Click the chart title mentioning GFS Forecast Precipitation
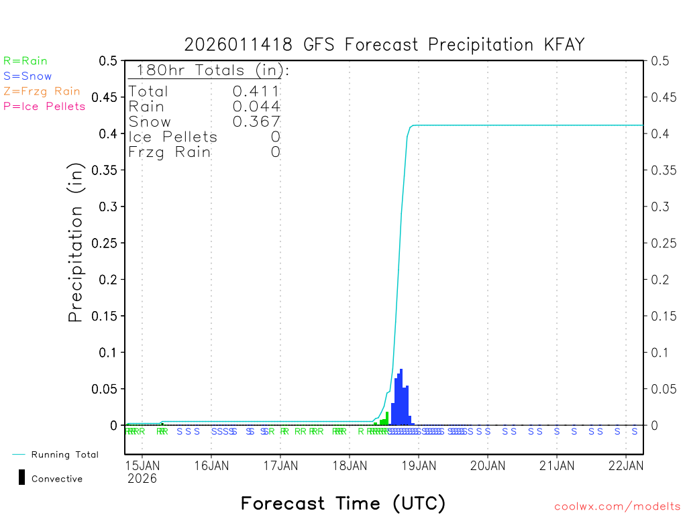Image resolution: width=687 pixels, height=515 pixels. [x=384, y=45]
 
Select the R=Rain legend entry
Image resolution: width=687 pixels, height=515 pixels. [x=25, y=61]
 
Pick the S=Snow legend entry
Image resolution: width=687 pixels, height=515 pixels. [x=28, y=76]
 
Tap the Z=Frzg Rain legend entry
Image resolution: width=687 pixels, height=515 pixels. [x=42, y=91]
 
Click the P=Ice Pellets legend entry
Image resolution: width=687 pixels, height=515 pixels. [x=44, y=106]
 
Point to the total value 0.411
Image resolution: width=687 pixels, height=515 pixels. [x=256, y=91]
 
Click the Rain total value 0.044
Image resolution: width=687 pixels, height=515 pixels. [x=256, y=107]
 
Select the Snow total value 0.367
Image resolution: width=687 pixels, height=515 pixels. [x=256, y=121]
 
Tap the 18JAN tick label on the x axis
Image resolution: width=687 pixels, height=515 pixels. [x=349, y=465]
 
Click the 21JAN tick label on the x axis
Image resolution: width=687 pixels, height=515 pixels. [x=556, y=465]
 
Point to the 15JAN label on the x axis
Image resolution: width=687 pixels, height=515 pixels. [x=142, y=465]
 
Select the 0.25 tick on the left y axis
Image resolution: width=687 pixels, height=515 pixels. [x=107, y=243]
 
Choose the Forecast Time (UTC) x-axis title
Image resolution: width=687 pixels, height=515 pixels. [x=343, y=503]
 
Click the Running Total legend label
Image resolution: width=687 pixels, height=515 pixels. [x=65, y=455]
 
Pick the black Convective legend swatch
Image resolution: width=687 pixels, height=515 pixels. [x=21, y=477]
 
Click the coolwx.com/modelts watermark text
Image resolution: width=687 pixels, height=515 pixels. [x=617, y=507]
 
